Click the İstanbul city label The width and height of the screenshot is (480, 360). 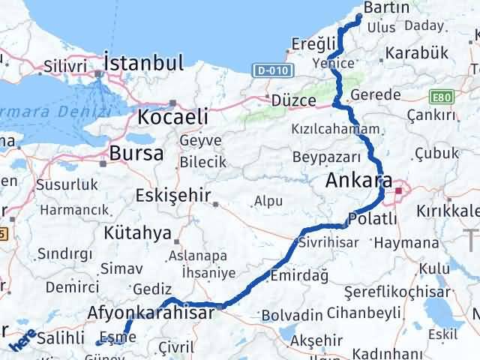point(145,61)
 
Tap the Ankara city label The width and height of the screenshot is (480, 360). point(359,181)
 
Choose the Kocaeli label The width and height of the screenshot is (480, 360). point(182,118)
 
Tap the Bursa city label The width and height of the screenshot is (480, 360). point(136,154)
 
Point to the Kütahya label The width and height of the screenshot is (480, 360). point(139,233)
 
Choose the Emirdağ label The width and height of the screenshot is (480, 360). point(300,275)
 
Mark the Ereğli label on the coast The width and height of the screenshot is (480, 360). point(308,43)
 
